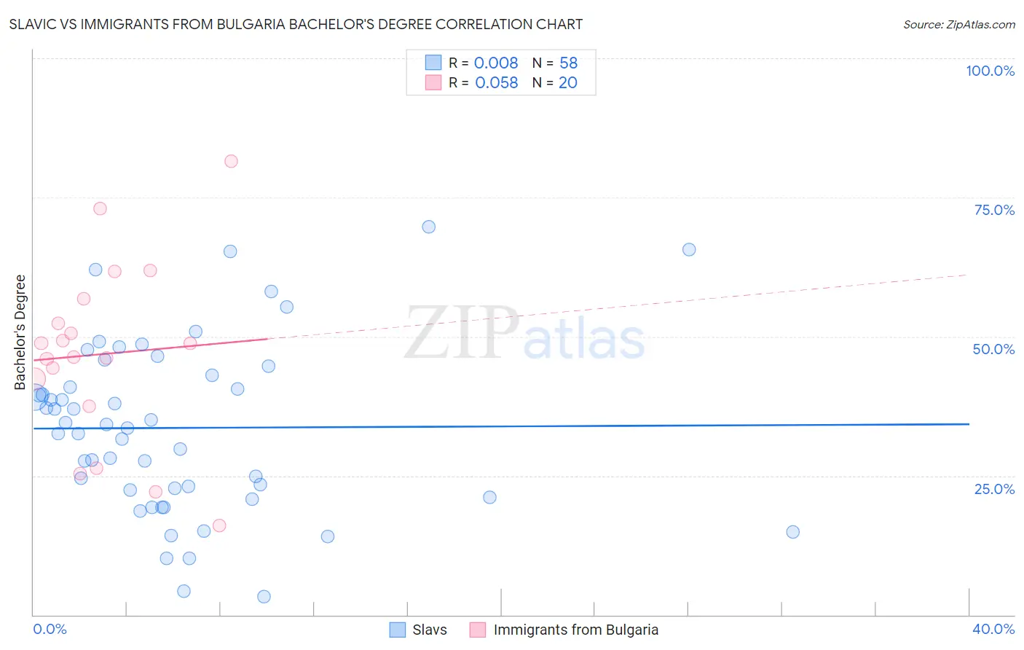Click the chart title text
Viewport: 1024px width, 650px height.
coord(296,24)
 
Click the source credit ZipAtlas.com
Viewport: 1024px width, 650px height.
coord(958,24)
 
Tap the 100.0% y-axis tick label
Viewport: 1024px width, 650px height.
coord(990,71)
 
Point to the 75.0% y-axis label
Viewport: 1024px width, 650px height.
coord(994,210)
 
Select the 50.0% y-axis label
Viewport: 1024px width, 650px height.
coord(993,349)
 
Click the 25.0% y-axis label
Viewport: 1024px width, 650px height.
coord(994,488)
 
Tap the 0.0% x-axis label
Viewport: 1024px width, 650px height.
coord(50,629)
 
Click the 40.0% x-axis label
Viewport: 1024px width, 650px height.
coord(993,629)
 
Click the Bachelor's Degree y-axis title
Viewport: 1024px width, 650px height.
coord(20,332)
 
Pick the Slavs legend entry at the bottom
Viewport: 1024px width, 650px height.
coord(429,630)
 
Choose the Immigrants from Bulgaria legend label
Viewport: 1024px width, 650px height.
coord(575,630)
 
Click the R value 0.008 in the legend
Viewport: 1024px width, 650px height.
coord(496,63)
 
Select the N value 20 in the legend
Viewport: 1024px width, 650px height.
coord(567,83)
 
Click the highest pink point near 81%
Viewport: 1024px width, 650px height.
coord(231,161)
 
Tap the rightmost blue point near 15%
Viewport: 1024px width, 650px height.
coord(793,532)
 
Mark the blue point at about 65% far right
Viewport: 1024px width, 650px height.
coord(689,250)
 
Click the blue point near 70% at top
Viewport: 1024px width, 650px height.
coord(429,227)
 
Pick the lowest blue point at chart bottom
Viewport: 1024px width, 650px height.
coord(264,597)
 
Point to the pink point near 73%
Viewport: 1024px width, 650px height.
coord(101,208)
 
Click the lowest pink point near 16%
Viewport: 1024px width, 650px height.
coord(219,525)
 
